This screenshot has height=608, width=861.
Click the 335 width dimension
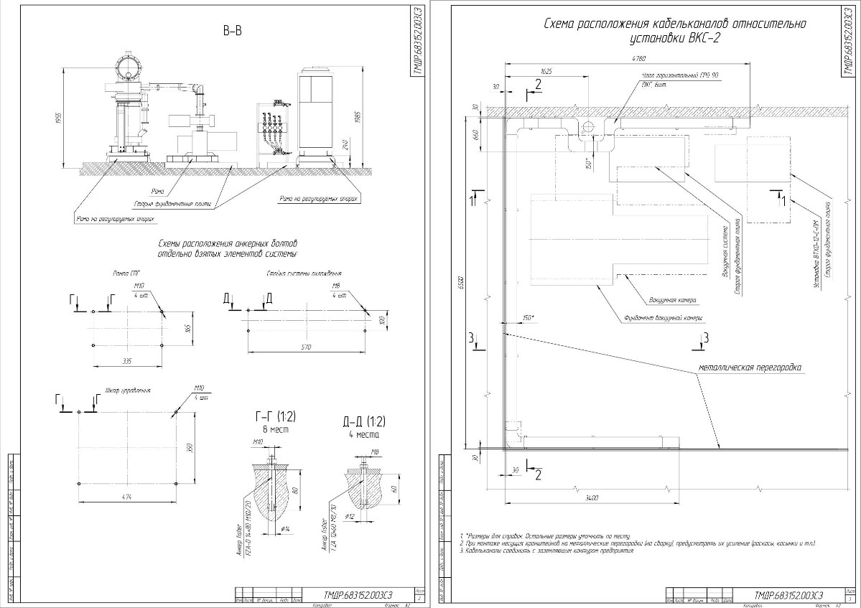127,362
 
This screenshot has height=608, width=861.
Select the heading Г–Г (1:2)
276,417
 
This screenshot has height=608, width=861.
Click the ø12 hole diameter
351,517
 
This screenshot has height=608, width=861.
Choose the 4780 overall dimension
638,57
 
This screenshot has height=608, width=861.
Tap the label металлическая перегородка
749,368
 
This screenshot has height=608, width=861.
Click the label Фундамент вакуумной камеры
662,318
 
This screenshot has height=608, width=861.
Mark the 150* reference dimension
529,317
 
